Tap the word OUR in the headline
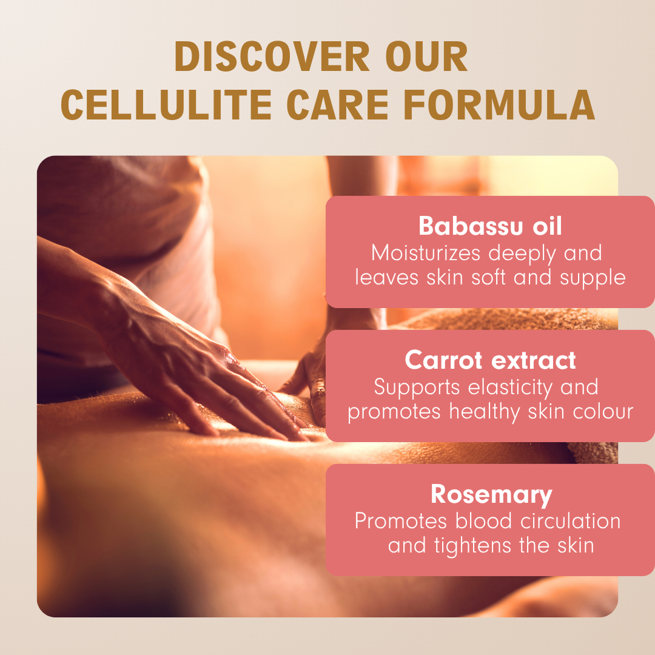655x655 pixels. coord(426,56)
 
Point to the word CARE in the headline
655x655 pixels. coord(338,104)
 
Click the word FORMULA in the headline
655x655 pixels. coord(499,104)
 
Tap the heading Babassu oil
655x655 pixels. coord(490,226)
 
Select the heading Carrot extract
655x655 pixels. coord(490,360)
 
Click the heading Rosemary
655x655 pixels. coord(491,495)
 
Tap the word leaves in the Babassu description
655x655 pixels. coord(386,277)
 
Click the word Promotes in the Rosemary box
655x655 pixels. coord(401,522)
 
